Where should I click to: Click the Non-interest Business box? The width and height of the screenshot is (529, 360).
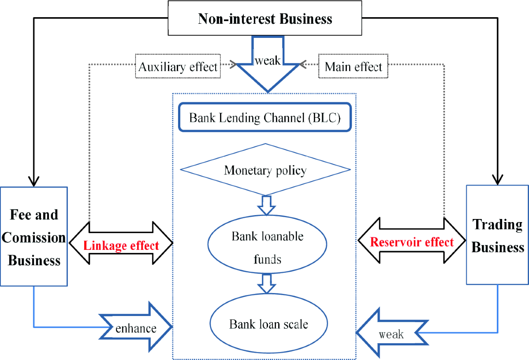pyautogui.click(x=265, y=19)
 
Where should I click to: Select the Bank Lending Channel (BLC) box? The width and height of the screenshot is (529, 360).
pyautogui.click(x=265, y=118)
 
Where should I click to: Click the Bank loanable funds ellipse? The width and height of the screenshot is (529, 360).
pyautogui.click(x=268, y=247)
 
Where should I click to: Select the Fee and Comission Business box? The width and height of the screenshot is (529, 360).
pyautogui.click(x=34, y=237)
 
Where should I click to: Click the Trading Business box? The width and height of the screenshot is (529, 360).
pyautogui.click(x=497, y=235)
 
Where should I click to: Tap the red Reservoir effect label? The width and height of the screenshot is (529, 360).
pyautogui.click(x=411, y=242)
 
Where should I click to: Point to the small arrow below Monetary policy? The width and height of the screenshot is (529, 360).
pyautogui.click(x=266, y=205)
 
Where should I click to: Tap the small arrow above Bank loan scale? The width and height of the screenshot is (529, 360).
pyautogui.click(x=266, y=283)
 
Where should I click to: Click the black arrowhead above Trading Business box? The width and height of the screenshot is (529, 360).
pyautogui.click(x=498, y=180)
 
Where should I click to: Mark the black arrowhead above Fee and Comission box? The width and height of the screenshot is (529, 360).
pyautogui.click(x=34, y=181)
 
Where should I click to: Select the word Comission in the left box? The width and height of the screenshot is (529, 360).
pyautogui.click(x=34, y=238)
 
